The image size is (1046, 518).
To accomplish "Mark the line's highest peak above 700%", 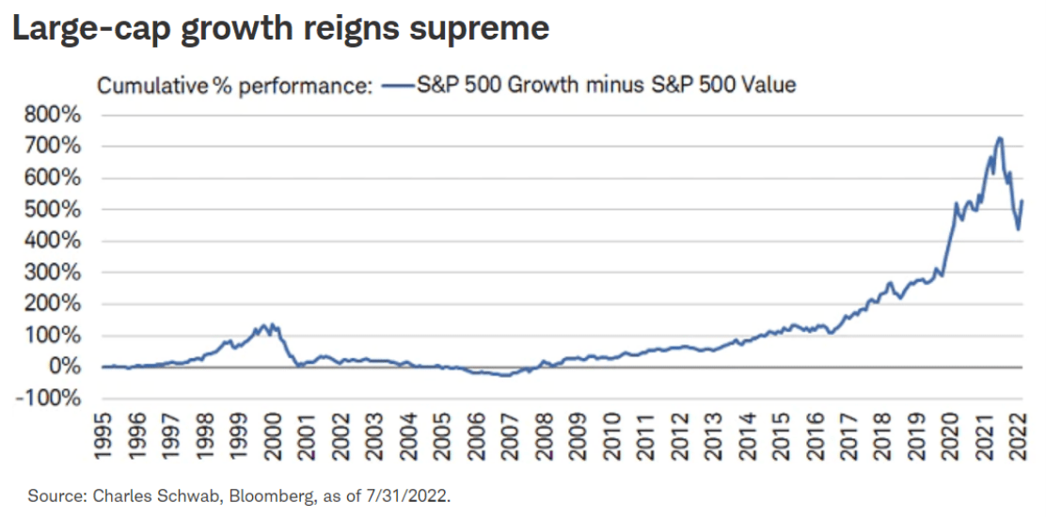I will click(x=999, y=138).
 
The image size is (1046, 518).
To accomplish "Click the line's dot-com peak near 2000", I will click(x=264, y=324).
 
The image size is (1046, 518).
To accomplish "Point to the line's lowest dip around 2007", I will click(x=506, y=375).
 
